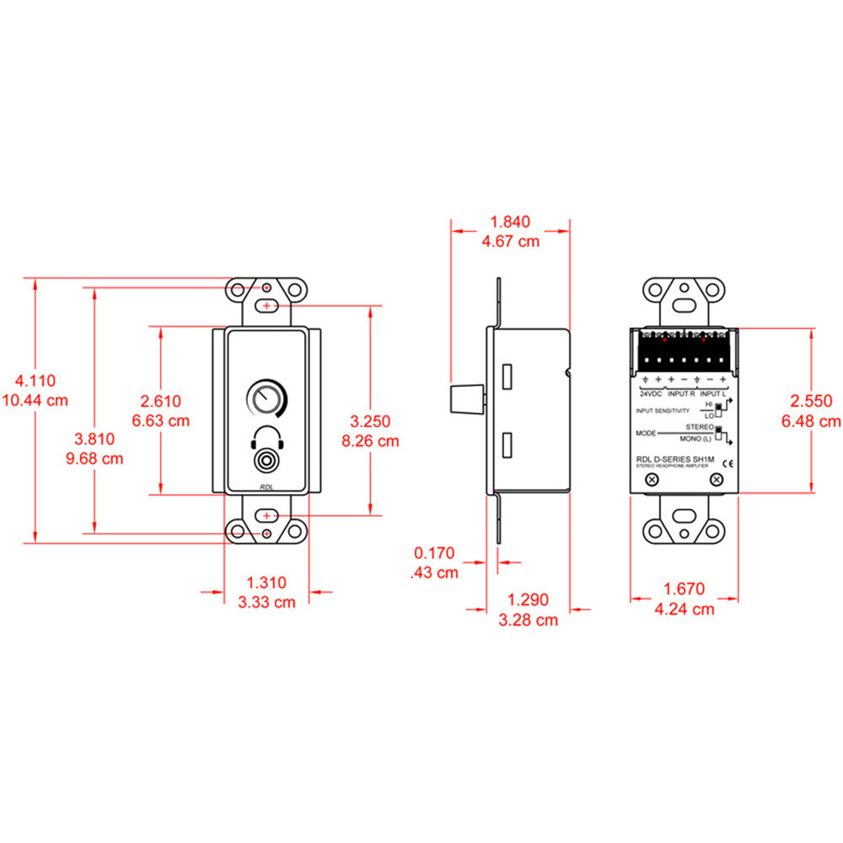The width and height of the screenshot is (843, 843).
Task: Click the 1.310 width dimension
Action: pyautogui.click(x=266, y=583)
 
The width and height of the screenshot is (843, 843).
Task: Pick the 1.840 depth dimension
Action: pyautogui.click(x=510, y=223)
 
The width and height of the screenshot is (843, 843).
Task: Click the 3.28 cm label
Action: pyautogui.click(x=529, y=620)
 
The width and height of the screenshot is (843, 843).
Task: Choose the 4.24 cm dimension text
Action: pyautogui.click(x=685, y=609)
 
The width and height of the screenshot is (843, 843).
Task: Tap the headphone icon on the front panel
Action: pyautogui.click(x=267, y=439)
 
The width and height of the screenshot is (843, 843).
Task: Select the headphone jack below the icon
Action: pyautogui.click(x=267, y=463)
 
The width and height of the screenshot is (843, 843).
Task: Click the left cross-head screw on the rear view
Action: pyautogui.click(x=652, y=480)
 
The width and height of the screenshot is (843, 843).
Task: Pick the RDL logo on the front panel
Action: pyautogui.click(x=267, y=487)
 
